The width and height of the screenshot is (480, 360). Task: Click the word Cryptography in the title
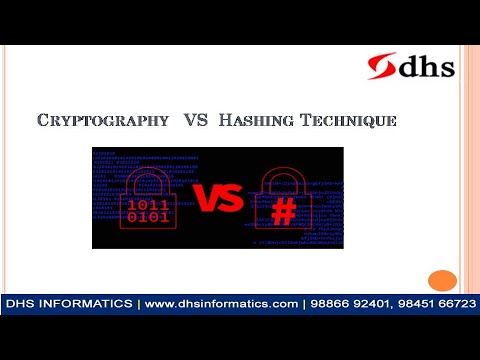(x=103, y=121)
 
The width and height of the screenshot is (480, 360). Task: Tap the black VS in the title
(x=195, y=121)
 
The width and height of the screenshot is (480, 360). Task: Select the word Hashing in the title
(x=252, y=121)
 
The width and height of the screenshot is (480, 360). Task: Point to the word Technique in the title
(x=346, y=121)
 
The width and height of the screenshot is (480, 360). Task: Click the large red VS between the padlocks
(x=219, y=198)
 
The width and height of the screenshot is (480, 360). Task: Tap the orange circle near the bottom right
(x=441, y=281)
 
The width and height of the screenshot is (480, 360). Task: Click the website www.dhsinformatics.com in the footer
(x=222, y=303)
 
